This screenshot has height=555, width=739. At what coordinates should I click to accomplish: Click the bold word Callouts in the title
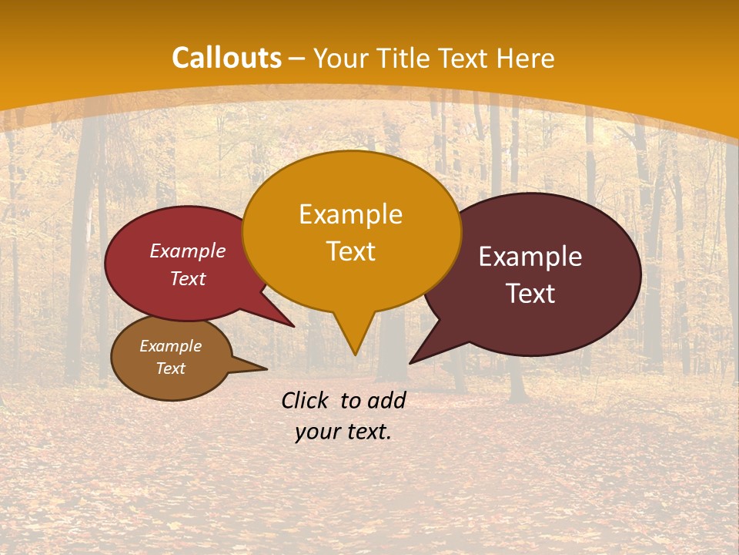[x=226, y=58]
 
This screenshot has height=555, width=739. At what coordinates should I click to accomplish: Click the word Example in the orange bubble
[x=350, y=214]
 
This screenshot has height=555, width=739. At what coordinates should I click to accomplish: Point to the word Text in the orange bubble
[x=350, y=251]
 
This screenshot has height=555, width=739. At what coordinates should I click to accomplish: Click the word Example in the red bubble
[x=188, y=251]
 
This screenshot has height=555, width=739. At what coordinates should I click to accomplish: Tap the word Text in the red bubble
[x=188, y=278]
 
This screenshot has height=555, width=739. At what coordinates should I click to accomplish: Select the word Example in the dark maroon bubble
[x=530, y=256]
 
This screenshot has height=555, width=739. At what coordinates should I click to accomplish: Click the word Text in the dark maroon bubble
[x=530, y=293]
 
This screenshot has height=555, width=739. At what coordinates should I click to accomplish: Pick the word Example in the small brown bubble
[x=170, y=346]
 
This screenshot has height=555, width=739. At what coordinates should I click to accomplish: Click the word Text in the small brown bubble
[x=170, y=368]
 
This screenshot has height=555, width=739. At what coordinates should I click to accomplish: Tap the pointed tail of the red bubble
[x=293, y=326]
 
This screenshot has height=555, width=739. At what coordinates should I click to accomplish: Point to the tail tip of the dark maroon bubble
[x=411, y=362]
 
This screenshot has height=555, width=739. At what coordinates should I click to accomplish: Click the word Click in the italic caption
[x=306, y=400]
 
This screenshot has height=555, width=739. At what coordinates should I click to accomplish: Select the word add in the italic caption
[x=386, y=400]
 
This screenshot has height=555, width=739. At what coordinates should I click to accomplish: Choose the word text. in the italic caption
[x=366, y=431]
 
